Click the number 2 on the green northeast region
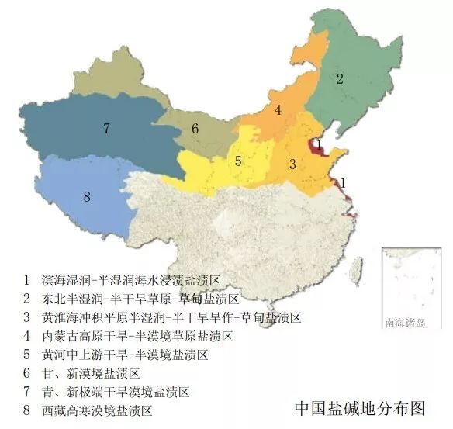point(339,78)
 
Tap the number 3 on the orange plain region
point(292,164)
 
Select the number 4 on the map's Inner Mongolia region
point(277,110)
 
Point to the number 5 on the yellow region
point(239,161)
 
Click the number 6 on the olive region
point(195,129)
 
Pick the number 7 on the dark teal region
point(106,129)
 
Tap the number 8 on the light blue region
point(87,197)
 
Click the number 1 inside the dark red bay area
point(318,143)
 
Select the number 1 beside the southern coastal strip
point(344,182)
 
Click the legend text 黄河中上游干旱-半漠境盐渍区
point(124,355)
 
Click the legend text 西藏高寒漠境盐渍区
point(96,410)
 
